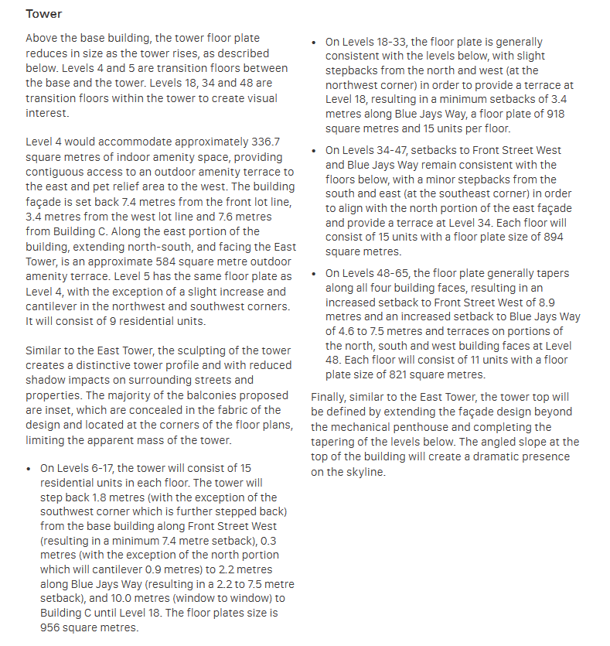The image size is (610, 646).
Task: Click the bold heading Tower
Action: tap(43, 15)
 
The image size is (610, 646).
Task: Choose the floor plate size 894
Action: tap(554, 237)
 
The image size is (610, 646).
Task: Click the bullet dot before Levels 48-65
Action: tap(313, 274)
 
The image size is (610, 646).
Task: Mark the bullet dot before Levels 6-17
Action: tap(29, 469)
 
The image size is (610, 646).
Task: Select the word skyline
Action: tap(365, 471)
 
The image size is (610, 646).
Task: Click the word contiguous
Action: tap(55, 172)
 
